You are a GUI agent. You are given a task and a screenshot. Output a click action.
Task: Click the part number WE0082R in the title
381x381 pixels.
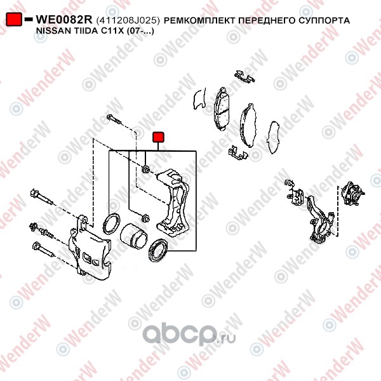tap(64, 20)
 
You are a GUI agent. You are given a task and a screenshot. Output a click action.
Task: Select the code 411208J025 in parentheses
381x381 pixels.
tap(128, 20)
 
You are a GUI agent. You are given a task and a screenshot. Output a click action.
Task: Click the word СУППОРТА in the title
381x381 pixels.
tap(324, 20)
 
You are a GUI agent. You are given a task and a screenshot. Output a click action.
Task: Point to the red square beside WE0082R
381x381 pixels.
tap(14, 20)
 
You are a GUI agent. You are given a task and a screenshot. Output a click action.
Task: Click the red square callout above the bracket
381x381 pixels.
tap(158, 137)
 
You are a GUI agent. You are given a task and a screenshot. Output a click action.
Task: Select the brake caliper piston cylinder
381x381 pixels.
tap(133, 236)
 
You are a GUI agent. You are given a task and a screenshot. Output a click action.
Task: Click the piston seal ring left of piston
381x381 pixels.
tap(112, 224)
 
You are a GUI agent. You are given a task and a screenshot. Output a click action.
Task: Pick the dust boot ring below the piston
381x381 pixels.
tap(158, 250)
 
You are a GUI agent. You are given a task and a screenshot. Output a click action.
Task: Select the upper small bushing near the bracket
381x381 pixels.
tap(145, 169)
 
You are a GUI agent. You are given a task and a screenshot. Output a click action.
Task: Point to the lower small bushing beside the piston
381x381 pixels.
tap(145, 218)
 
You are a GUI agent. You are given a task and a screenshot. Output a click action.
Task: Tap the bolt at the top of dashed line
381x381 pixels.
tap(114, 119)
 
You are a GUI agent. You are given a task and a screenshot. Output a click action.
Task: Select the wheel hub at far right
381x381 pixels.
tap(352, 194)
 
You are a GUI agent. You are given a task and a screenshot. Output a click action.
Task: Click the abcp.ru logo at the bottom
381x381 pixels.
tap(189, 333)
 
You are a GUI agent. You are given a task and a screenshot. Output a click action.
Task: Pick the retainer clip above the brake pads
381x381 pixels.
tap(244, 76)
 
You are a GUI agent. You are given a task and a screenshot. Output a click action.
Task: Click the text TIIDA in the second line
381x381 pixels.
tap(84, 31)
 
